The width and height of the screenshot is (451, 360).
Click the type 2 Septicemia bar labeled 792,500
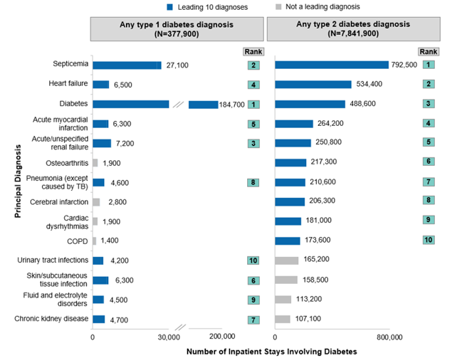pos(332,65)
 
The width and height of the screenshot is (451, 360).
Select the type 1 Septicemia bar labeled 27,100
pos(127,65)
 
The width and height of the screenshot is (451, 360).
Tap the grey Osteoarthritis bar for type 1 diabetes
pos(95,163)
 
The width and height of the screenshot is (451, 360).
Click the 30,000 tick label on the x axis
pos(169,337)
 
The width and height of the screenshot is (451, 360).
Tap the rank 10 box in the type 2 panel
pos(428,241)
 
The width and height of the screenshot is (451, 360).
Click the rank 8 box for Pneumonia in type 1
pos(252,182)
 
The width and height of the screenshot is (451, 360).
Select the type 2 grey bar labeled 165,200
pos(286,260)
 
